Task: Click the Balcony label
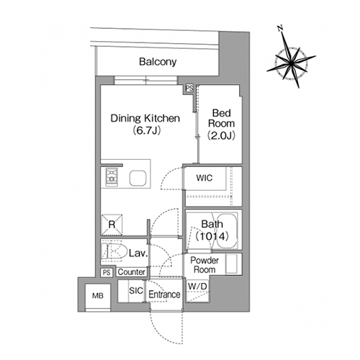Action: (x=158, y=62)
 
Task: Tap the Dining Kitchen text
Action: (x=145, y=118)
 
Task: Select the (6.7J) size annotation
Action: (x=146, y=130)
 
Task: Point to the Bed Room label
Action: (x=221, y=118)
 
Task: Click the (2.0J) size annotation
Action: (x=221, y=135)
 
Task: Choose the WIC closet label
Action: (x=204, y=178)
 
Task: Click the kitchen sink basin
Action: (x=138, y=178)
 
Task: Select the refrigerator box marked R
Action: (x=112, y=225)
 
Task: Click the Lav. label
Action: (x=138, y=253)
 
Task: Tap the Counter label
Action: (x=131, y=272)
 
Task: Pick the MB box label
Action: (x=98, y=296)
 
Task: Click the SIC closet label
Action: (x=136, y=291)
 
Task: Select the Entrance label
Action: (x=164, y=294)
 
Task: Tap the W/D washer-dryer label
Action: (x=197, y=286)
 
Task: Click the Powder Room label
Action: (x=204, y=265)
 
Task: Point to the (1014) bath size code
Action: (x=212, y=236)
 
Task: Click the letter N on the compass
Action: (x=280, y=28)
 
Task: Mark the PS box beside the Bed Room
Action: (x=189, y=89)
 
